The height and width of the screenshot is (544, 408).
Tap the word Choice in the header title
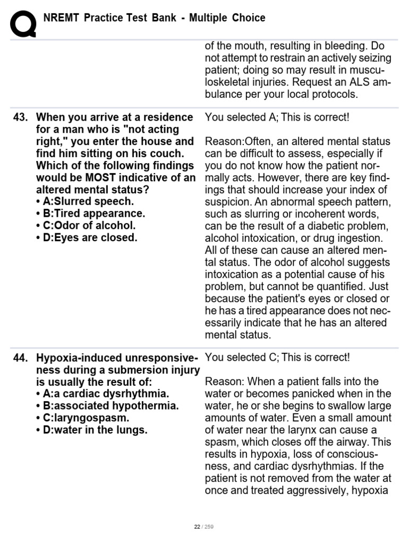[x=248, y=18]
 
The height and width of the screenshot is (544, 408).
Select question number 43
[x=20, y=117]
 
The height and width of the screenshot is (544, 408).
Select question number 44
[x=20, y=358]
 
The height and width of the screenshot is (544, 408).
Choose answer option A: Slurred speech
[x=85, y=201]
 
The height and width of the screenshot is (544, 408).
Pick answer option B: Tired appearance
[x=90, y=214]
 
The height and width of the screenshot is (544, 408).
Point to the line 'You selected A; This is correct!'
[x=277, y=117]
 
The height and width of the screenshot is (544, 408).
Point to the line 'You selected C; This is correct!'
[x=277, y=358]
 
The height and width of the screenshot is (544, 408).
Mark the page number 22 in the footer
[x=197, y=526]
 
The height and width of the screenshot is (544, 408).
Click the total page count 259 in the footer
[x=208, y=526]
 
